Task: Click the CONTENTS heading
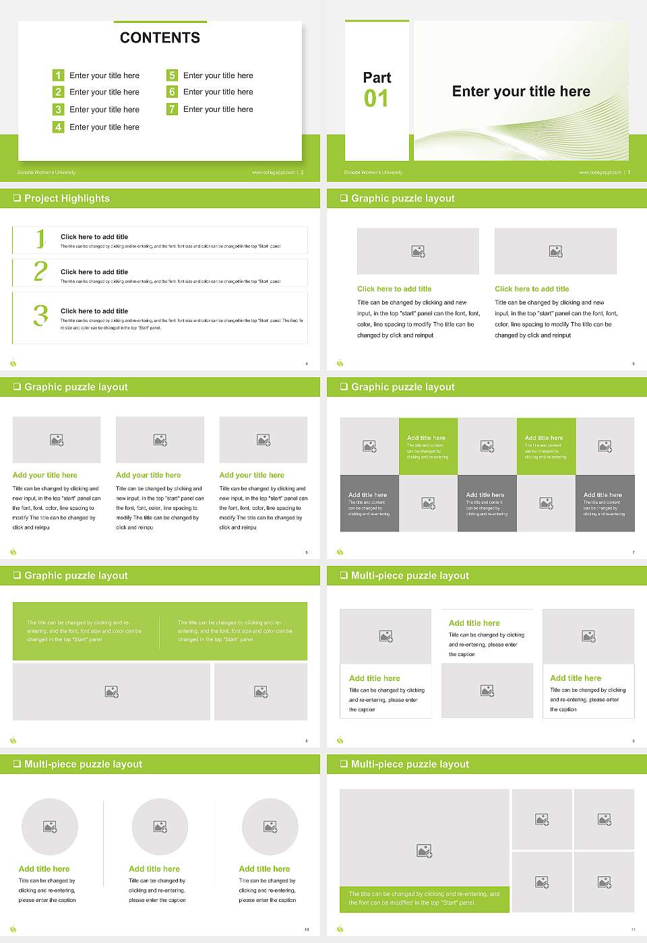tap(160, 38)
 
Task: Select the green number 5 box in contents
tap(173, 75)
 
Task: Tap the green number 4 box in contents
tap(59, 127)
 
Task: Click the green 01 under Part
tap(376, 99)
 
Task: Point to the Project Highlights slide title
tap(67, 198)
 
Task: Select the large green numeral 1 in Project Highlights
tap(40, 238)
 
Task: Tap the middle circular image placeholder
tap(160, 826)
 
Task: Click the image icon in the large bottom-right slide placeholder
tap(424, 851)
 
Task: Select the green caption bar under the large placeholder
tap(424, 899)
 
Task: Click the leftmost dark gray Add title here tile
tap(369, 503)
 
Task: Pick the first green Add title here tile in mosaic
tap(428, 446)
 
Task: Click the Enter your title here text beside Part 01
tap(521, 92)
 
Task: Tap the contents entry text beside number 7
tap(218, 109)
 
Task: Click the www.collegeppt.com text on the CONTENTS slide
tap(273, 172)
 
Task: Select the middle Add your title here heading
tap(148, 475)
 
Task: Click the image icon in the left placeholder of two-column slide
tap(418, 251)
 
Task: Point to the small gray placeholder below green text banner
tap(261, 692)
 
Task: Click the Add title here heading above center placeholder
tap(474, 623)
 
